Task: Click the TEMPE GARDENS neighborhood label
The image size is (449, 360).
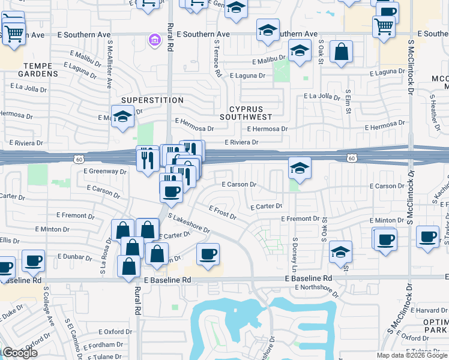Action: [32, 69]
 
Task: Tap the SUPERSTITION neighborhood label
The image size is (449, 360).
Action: [152, 100]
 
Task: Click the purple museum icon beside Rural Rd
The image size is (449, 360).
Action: [155, 40]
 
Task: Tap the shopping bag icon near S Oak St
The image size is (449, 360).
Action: [341, 53]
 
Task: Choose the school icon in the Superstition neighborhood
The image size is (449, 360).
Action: [122, 117]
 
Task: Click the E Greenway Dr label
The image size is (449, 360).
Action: [106, 172]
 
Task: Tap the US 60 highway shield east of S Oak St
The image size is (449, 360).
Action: [352, 158]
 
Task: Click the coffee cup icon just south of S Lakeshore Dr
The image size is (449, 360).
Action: [208, 254]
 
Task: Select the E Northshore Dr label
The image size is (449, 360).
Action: [318, 288]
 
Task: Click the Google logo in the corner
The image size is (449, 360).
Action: [19, 353]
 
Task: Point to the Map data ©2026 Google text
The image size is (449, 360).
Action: [412, 355]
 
